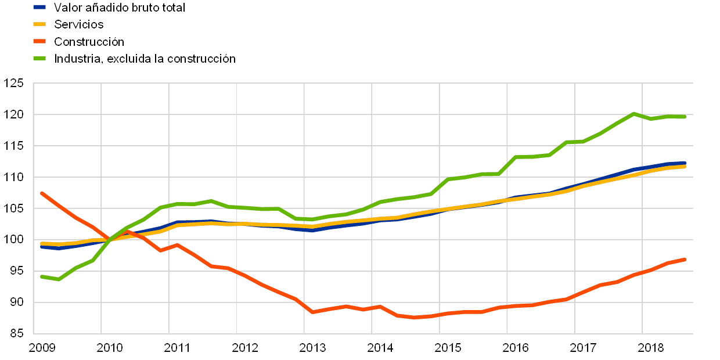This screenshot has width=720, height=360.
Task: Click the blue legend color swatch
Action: coord(40,8)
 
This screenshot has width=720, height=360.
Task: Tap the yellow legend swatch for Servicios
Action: coord(40,24)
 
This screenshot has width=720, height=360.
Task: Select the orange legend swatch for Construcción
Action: coord(40,41)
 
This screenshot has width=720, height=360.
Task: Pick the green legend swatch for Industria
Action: coord(40,58)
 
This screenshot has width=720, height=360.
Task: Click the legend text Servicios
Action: coord(79,24)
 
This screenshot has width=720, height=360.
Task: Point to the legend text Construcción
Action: coord(89,41)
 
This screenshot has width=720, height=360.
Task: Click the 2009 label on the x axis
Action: coord(42,348)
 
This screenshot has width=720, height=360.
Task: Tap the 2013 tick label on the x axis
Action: coord(312,348)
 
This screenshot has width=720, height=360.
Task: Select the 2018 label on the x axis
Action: coord(651,348)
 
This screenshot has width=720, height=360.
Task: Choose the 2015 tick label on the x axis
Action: coord(448,348)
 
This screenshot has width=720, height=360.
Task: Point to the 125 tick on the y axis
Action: coord(15,84)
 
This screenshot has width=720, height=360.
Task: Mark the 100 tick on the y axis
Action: coord(15,240)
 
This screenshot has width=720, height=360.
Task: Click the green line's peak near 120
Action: coord(633,114)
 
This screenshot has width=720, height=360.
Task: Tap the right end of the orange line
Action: coord(685,259)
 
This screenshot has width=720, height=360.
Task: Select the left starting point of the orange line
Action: coord(42,193)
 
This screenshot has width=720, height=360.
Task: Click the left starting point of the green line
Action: coord(42,276)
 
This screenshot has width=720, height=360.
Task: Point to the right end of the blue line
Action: coord(685,163)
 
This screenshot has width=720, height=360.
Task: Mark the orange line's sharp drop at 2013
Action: coord(312,312)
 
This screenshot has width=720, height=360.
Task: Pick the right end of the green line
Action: coord(685,117)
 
